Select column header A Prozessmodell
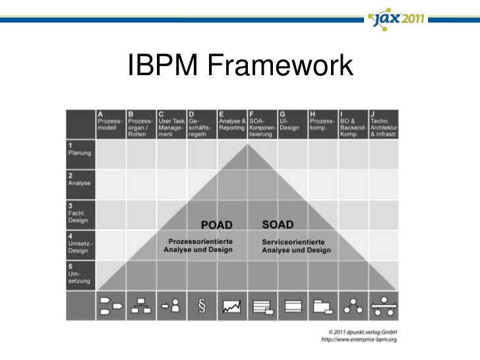click(110, 123)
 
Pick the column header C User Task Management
click(171, 123)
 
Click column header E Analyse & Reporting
click(233, 123)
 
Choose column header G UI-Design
click(291, 123)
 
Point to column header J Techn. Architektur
click(383, 123)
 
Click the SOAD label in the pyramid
click(278, 225)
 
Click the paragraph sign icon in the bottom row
click(201, 305)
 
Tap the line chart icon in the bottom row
click(232, 306)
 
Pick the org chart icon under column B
click(140, 305)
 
